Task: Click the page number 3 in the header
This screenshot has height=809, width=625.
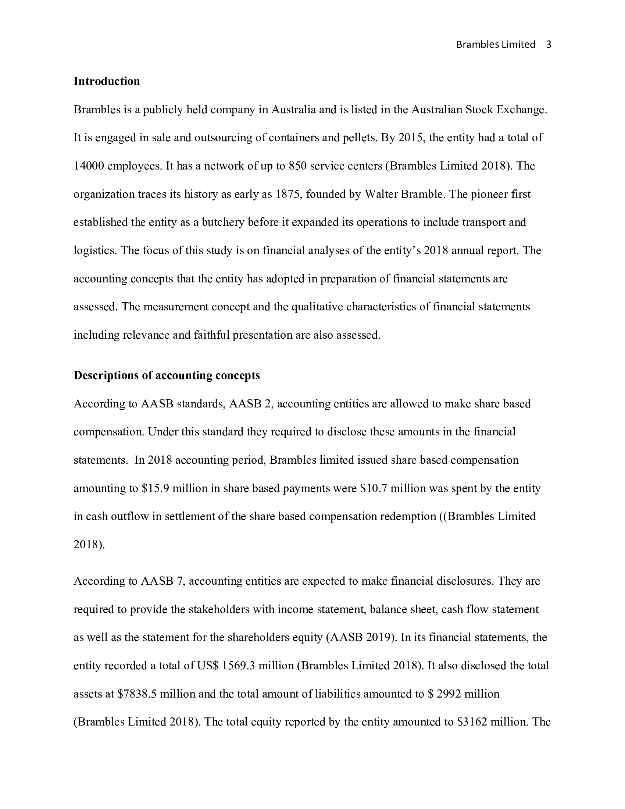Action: click(549, 44)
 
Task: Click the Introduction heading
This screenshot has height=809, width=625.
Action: click(107, 81)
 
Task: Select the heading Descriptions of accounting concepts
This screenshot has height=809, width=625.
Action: click(167, 375)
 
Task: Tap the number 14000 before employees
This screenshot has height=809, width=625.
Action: click(89, 166)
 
